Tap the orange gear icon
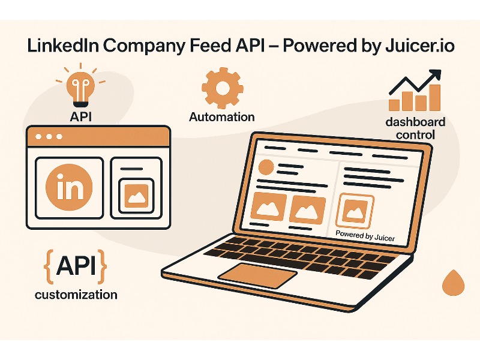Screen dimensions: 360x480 click(x=221, y=88)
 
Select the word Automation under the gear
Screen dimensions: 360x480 click(x=221, y=117)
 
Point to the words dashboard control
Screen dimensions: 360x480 click(x=415, y=128)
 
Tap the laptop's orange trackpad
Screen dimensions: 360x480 click(x=257, y=274)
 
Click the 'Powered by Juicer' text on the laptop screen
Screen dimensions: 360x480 click(x=365, y=236)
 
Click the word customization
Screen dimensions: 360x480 click(x=76, y=295)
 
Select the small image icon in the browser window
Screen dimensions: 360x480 click(x=136, y=195)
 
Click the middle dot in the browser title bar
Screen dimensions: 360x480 click(x=49, y=137)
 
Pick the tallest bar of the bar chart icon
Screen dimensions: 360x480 click(x=434, y=98)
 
